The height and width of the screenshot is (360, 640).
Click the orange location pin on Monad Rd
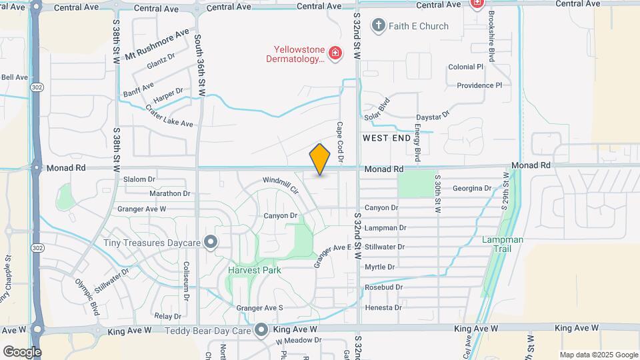pyautogui.click(x=320, y=159)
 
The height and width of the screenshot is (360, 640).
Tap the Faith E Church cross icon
pyautogui.click(x=379, y=26)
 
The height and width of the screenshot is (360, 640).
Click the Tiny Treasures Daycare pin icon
pyautogui.click(x=211, y=243)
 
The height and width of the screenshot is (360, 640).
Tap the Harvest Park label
pyautogui.click(x=254, y=270)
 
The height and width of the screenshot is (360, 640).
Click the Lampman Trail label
pyautogui.click(x=503, y=244)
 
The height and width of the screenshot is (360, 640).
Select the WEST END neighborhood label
pyautogui.click(x=387, y=138)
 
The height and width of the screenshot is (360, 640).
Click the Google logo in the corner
pyautogui.click(x=22, y=351)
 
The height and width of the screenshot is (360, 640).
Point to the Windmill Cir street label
pyautogui.click(x=280, y=184)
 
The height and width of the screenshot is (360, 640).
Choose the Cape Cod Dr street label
pyautogui.click(x=339, y=141)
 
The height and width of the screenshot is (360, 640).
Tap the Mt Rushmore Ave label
pyautogui.click(x=158, y=44)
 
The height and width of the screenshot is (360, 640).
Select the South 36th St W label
pyautogui.click(x=199, y=66)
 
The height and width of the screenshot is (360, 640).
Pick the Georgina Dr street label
pyautogui.click(x=471, y=189)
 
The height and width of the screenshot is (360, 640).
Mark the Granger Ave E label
pyautogui.click(x=332, y=257)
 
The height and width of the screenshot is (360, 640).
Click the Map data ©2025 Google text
pyautogui.click(x=597, y=355)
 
